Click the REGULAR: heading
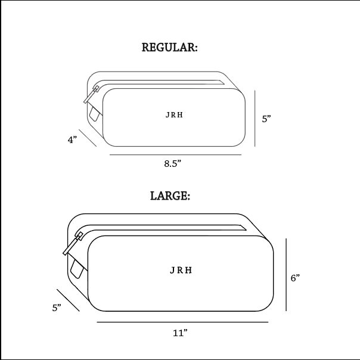169,47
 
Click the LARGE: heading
170,196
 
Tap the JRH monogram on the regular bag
174,115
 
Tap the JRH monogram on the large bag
181,270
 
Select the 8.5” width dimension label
173,164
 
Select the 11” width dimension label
180,333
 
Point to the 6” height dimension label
295,278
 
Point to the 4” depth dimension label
72,139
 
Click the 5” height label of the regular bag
266,119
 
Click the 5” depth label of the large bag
57,308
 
